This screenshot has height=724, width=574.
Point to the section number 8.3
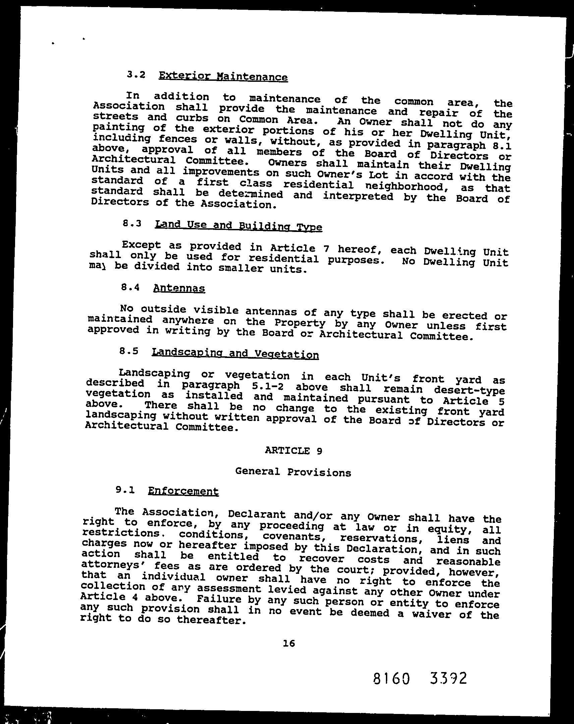(132, 223)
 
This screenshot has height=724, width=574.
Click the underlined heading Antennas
(179, 288)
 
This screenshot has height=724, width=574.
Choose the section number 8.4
(130, 287)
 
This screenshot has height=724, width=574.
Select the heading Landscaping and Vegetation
(235, 353)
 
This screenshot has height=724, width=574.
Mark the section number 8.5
(129, 351)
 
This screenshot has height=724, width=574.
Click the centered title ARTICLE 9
(294, 450)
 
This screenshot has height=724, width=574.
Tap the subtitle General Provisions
(293, 472)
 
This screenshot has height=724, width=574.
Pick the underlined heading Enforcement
(183, 491)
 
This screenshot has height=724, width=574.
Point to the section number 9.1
(125, 490)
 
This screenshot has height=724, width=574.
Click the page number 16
(289, 643)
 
